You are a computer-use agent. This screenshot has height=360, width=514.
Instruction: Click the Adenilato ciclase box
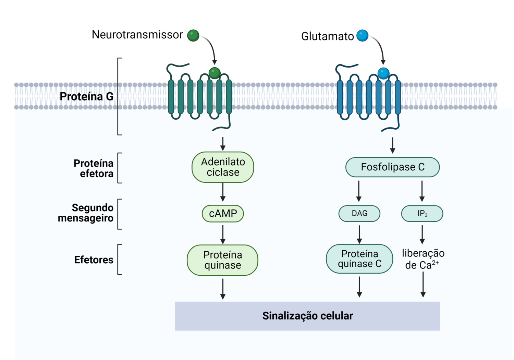click(223, 167)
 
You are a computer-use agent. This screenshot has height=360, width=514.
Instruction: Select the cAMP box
click(223, 214)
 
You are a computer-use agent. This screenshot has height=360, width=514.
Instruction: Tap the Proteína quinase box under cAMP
click(223, 260)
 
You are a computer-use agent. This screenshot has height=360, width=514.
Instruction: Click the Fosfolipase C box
click(392, 167)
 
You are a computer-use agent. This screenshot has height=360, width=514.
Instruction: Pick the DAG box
click(359, 214)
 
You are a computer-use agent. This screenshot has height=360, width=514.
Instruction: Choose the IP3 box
click(422, 214)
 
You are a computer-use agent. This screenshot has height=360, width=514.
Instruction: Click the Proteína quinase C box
click(359, 259)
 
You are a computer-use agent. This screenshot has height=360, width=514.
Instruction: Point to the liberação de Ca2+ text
click(423, 259)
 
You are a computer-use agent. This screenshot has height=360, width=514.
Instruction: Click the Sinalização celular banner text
click(307, 316)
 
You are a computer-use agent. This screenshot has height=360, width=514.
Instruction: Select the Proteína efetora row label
click(93, 168)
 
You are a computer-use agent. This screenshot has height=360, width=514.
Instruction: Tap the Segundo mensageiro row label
click(86, 213)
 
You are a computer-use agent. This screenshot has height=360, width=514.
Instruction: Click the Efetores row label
click(94, 260)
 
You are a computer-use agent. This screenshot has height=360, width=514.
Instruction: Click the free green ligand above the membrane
click(193, 35)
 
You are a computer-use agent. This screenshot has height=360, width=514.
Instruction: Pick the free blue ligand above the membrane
click(362, 35)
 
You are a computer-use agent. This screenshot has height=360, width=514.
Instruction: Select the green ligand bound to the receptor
click(215, 73)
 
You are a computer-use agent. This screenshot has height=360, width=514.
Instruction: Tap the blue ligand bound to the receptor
click(383, 73)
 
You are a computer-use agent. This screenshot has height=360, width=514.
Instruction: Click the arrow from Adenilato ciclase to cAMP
click(223, 192)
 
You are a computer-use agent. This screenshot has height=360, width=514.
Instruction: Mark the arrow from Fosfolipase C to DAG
click(359, 191)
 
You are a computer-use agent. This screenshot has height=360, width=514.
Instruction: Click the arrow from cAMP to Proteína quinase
click(223, 234)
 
